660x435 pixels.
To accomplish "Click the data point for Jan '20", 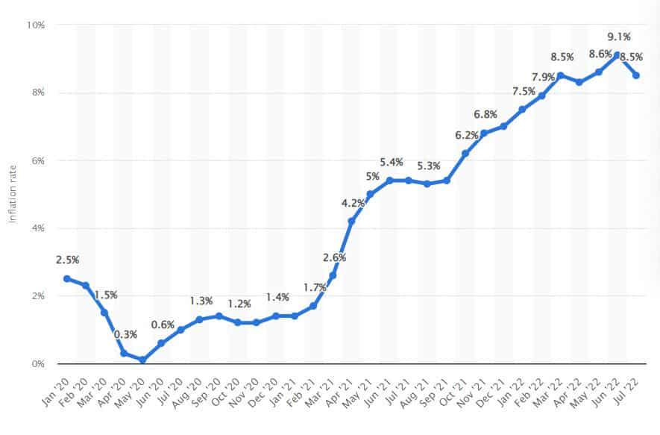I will pos(67,279).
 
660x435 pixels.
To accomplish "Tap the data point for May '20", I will pos(142,360).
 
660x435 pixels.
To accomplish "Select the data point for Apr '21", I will pos(351,221).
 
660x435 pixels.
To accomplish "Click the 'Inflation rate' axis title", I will pos(13,194).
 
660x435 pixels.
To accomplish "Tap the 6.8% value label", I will pos(485,114).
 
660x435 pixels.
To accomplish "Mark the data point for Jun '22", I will pos(617,54).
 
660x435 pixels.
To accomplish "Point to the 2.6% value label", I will pos(333,258).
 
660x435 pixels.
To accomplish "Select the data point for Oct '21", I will pos(465,153).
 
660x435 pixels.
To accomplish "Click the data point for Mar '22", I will pos(560,75).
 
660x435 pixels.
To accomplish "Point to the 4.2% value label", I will pos(353,201).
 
